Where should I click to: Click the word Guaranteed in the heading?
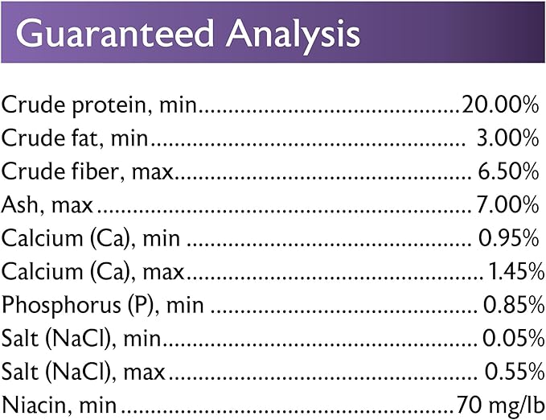[114, 34]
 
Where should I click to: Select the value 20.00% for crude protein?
[500, 105]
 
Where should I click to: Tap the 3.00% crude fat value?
[507, 138]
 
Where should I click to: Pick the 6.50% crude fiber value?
[508, 171]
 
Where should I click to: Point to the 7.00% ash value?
[507, 204]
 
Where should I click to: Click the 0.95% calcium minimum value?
[509, 238]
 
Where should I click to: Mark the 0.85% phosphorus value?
[514, 305]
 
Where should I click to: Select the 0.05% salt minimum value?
[514, 338]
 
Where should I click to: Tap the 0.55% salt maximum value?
[515, 372]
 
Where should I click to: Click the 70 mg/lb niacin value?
[501, 406]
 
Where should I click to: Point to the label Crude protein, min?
[99, 105]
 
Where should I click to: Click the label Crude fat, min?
[75, 138]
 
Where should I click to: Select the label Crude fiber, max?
[87, 172]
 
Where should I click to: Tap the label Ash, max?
[47, 205]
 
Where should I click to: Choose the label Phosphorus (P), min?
[103, 306]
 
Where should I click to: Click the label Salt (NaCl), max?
[83, 373]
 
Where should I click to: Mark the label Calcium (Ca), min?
[91, 239]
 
